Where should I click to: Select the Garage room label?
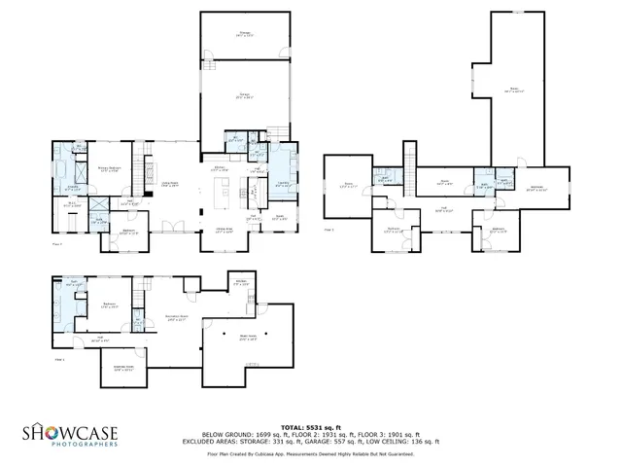click(x=246, y=95)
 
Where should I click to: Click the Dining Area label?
click(x=223, y=232)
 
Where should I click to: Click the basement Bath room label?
click(x=73, y=283)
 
